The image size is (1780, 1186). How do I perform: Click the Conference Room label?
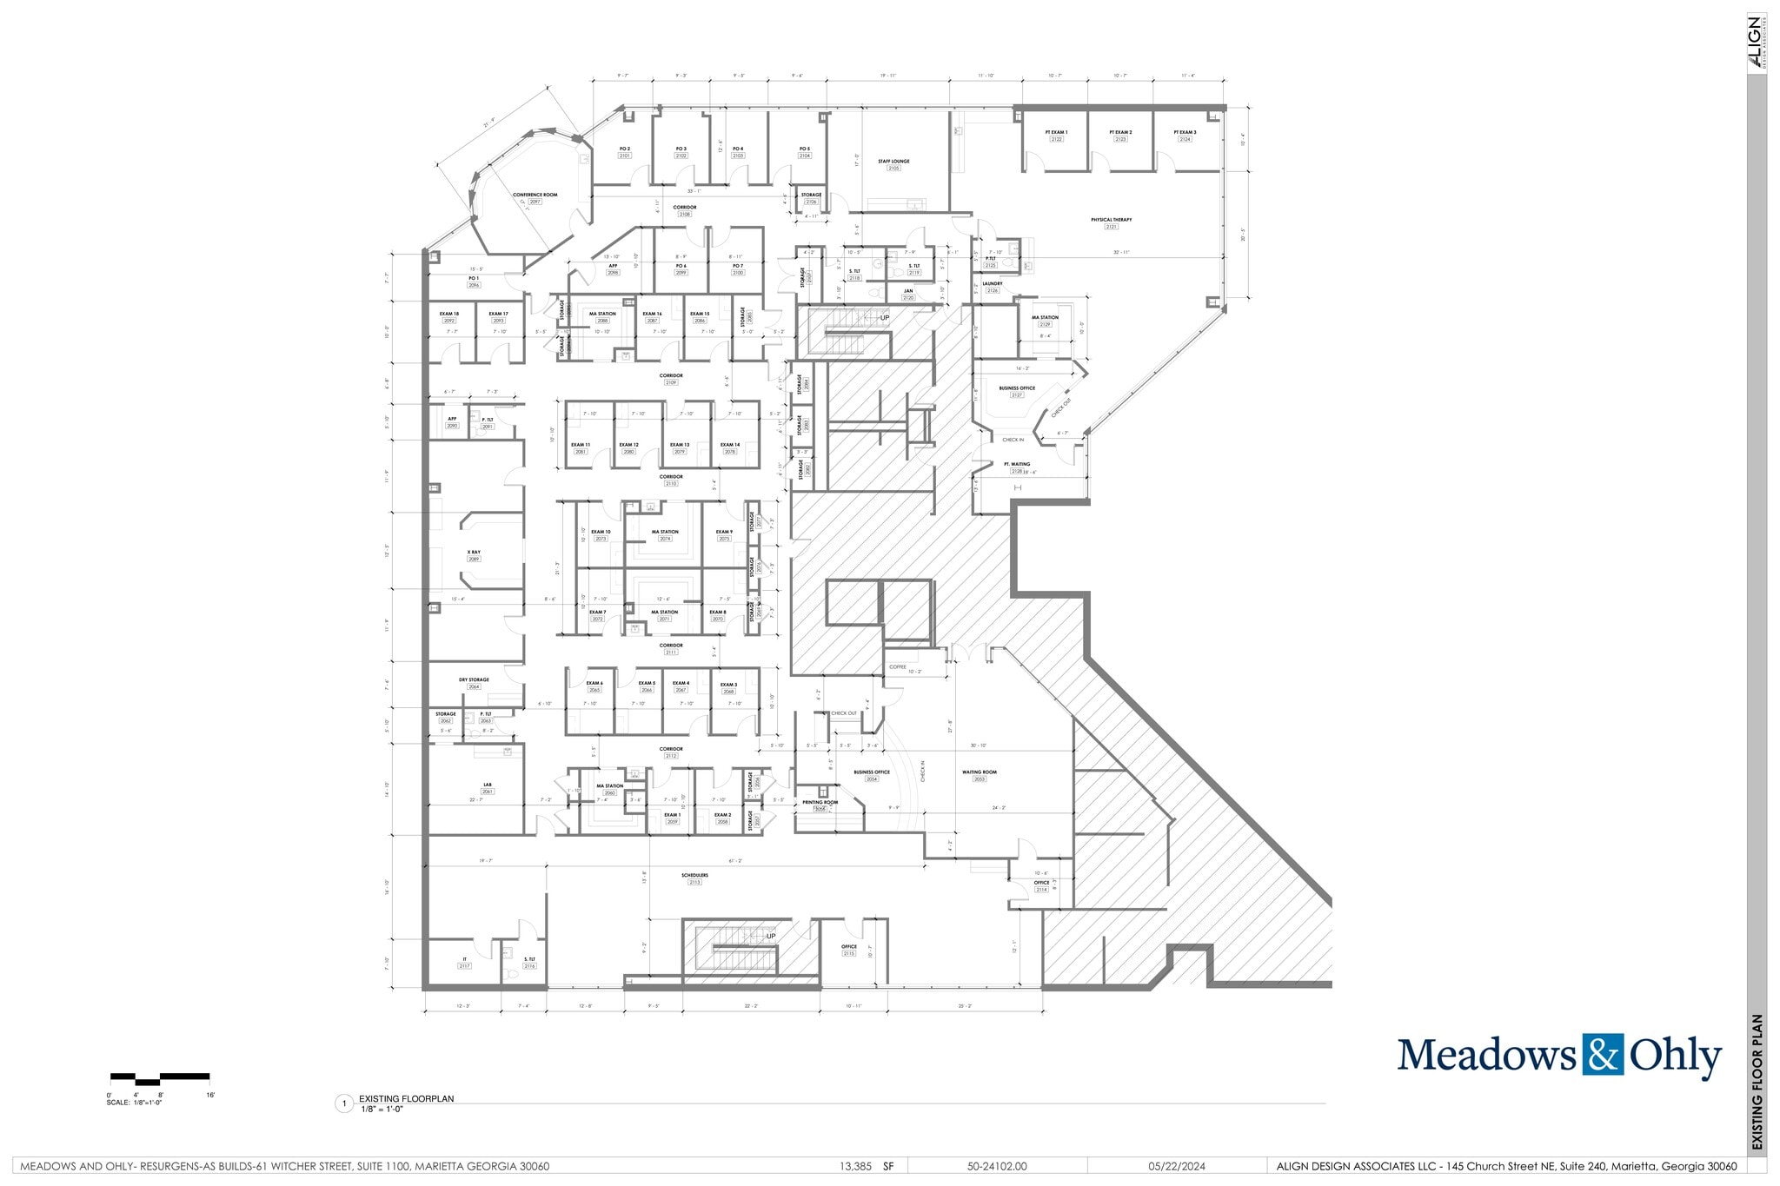[535, 195]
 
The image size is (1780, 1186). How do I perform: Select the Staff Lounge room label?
[893, 162]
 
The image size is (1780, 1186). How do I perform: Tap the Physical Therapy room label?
[1112, 221]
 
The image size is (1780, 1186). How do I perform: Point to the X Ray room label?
[474, 553]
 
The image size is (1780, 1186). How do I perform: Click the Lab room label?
[488, 785]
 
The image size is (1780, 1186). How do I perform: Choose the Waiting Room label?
[980, 772]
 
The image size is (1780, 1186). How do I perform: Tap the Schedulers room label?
[694, 876]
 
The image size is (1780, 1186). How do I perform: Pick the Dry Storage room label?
[474, 680]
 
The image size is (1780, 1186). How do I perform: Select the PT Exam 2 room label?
[1120, 133]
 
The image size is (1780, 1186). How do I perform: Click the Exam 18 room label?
[449, 315]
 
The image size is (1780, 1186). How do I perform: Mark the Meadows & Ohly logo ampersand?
[1603, 1055]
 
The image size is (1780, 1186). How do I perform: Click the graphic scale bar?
[160, 1078]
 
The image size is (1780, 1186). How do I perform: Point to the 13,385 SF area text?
[866, 1167]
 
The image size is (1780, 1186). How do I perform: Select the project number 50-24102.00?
[997, 1167]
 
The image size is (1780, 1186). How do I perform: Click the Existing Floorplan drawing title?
[406, 1099]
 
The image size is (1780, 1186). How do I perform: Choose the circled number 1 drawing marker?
[344, 1104]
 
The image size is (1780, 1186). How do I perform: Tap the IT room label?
[465, 959]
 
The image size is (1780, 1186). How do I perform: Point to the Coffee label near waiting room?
[898, 667]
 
